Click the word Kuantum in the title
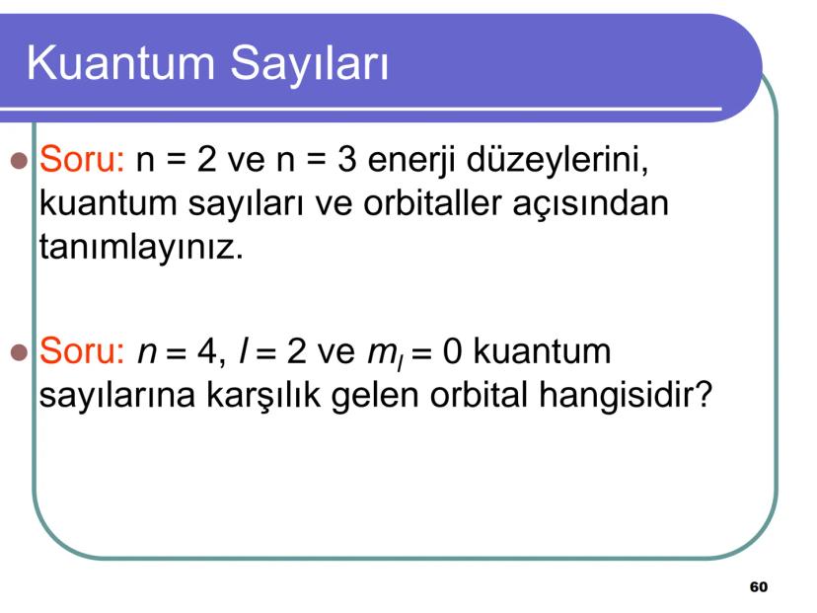(x=120, y=63)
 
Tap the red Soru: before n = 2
(x=81, y=160)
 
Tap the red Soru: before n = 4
(x=81, y=352)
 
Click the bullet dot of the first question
(x=17, y=161)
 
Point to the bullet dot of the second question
(x=17, y=353)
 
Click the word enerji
(x=414, y=161)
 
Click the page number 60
(x=757, y=587)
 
